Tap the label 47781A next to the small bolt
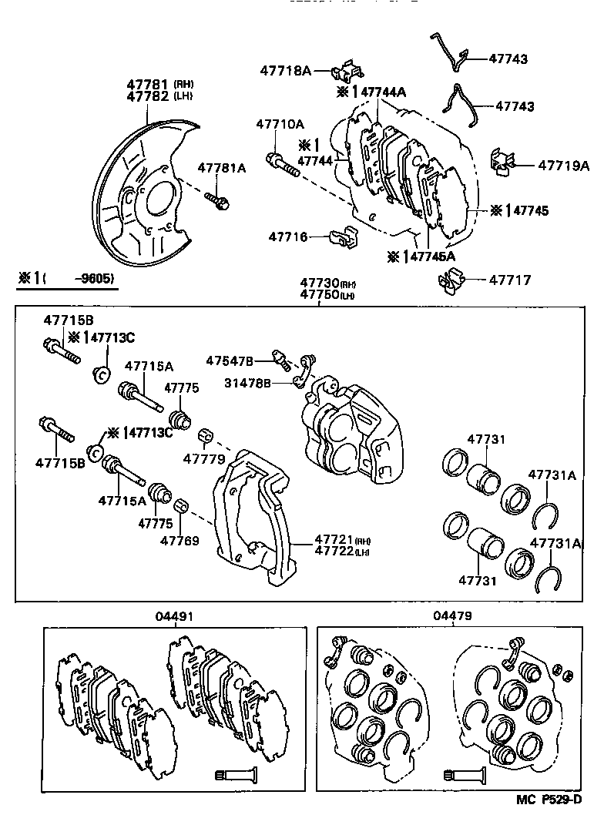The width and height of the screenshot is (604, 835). pos(221,168)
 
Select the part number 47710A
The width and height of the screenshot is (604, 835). pos(280,123)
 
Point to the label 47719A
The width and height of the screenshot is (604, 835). pos(562,165)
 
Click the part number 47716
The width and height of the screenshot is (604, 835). pos(288,236)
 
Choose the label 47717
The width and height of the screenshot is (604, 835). pos(509,280)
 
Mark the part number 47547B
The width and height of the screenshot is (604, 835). pos(229,360)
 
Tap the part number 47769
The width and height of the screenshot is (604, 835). pos(180,540)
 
